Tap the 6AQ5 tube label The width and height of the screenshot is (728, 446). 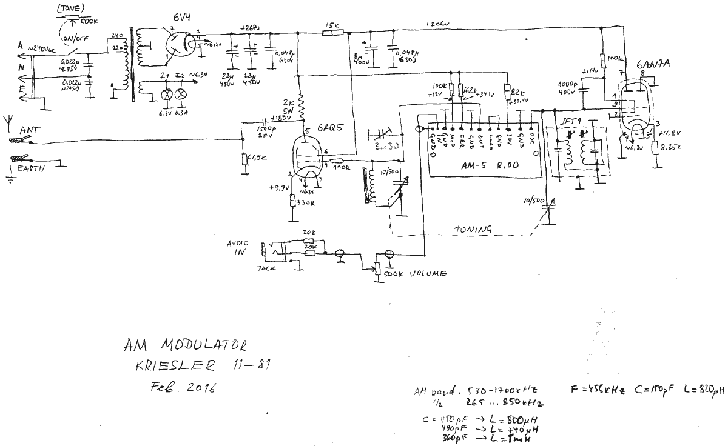pyautogui.click(x=330, y=130)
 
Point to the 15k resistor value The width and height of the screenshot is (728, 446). pyautogui.click(x=332, y=25)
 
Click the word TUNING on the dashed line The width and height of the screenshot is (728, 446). pyautogui.click(x=473, y=229)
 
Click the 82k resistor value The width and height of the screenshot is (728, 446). pyautogui.click(x=519, y=92)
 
